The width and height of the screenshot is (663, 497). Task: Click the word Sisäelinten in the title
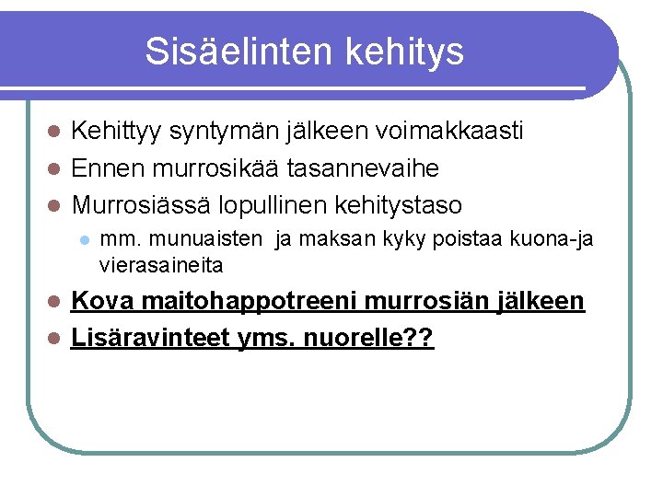point(239,52)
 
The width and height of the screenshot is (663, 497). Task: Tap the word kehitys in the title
point(404,52)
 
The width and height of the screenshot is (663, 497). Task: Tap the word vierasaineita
point(161,265)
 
